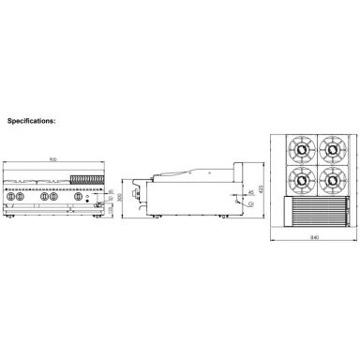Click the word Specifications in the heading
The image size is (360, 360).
34,121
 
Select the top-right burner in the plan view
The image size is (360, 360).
331,147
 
